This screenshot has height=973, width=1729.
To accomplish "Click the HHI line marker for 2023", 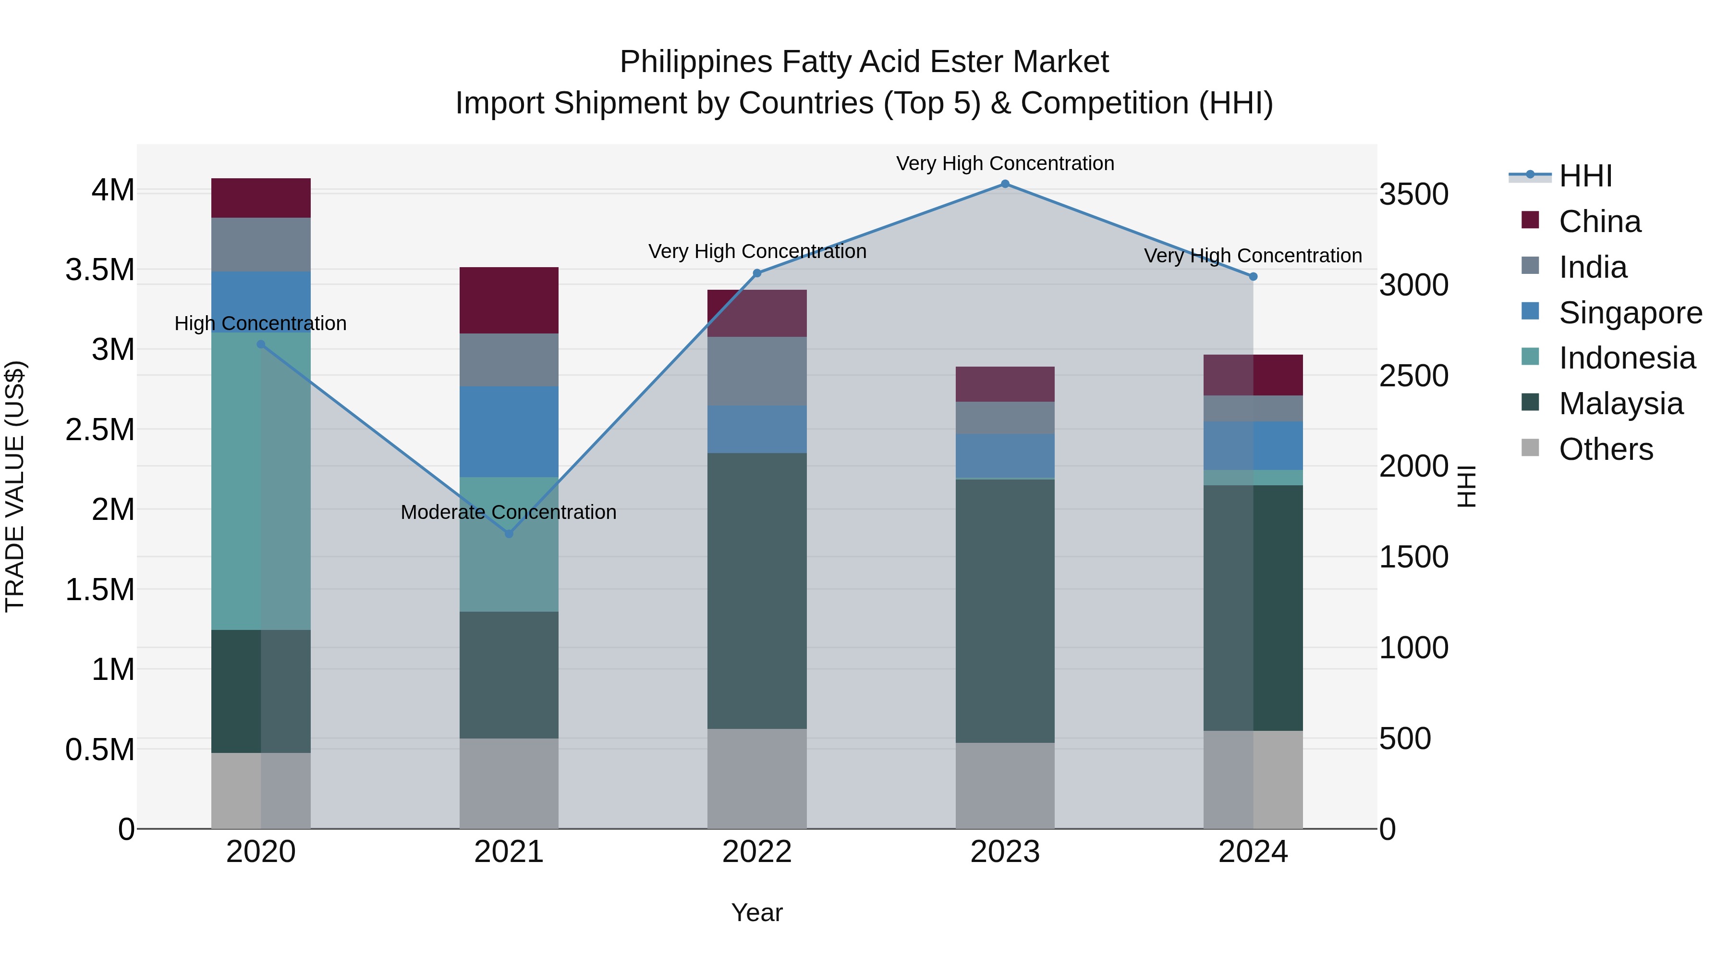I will [x=1005, y=184].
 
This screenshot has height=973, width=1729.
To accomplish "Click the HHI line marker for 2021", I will [x=509, y=534].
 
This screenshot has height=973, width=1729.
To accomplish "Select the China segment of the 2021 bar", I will [x=509, y=300].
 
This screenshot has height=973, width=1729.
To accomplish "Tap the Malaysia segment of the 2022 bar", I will [x=757, y=591].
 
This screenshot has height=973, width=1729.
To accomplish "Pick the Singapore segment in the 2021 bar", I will [x=509, y=432].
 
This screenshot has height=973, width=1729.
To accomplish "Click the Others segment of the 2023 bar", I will [x=1005, y=786].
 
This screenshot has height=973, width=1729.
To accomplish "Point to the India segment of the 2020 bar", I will [x=261, y=245].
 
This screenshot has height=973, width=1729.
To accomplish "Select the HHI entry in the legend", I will [x=1585, y=176].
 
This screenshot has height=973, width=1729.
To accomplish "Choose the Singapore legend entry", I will [x=1630, y=313].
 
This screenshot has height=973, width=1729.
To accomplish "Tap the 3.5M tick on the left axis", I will [x=100, y=270].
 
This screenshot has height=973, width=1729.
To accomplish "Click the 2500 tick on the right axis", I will [x=1413, y=376].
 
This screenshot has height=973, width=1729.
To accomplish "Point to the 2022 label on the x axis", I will [x=757, y=852].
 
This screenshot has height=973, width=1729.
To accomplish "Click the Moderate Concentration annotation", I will [x=508, y=512].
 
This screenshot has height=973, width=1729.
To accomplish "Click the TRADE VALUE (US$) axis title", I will [x=15, y=486].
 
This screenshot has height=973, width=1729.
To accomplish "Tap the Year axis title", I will [x=757, y=912].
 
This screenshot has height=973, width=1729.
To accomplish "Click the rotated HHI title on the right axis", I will [x=1467, y=486].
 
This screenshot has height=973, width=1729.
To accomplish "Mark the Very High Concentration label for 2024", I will [x=1253, y=256].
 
